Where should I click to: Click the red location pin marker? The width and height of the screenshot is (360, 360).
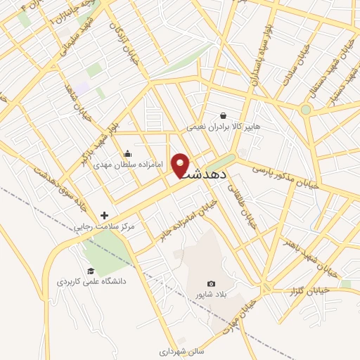(182, 165)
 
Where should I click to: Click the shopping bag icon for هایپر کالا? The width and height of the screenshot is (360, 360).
(223, 116)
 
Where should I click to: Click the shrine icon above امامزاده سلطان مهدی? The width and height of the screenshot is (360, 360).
(127, 153)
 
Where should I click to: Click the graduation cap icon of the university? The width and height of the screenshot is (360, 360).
(91, 271)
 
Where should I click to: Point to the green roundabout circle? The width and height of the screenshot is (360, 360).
(305, 110)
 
